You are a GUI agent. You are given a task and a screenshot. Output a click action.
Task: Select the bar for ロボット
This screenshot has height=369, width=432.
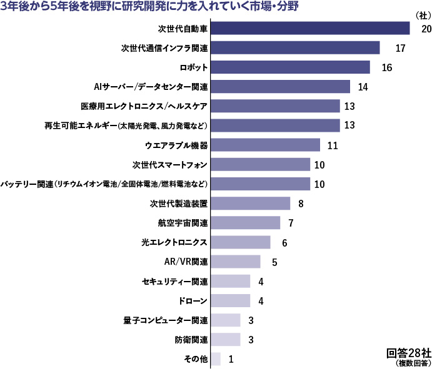tap(291, 67)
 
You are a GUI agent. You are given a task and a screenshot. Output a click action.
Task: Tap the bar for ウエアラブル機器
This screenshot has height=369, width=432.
tap(266, 145)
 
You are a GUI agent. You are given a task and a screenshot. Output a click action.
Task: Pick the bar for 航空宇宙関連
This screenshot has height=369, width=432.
tap(246, 223)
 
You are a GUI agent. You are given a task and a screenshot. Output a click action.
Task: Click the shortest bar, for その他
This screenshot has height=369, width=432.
tap(216, 359)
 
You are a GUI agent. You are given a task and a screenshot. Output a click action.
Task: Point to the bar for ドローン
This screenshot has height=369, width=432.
tap(231, 301)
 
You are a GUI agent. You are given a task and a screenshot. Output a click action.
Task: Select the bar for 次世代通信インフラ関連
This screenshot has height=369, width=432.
tap(296, 48)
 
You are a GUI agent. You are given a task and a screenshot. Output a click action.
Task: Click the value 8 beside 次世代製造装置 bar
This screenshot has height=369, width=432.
tap(301, 204)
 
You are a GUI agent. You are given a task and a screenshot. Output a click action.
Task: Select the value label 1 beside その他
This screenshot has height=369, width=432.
tap(231, 359)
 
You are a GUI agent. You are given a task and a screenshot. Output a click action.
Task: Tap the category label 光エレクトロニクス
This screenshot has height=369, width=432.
tap(176, 242)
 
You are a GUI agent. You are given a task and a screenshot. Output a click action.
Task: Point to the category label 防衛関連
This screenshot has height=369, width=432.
tap(191, 340)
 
